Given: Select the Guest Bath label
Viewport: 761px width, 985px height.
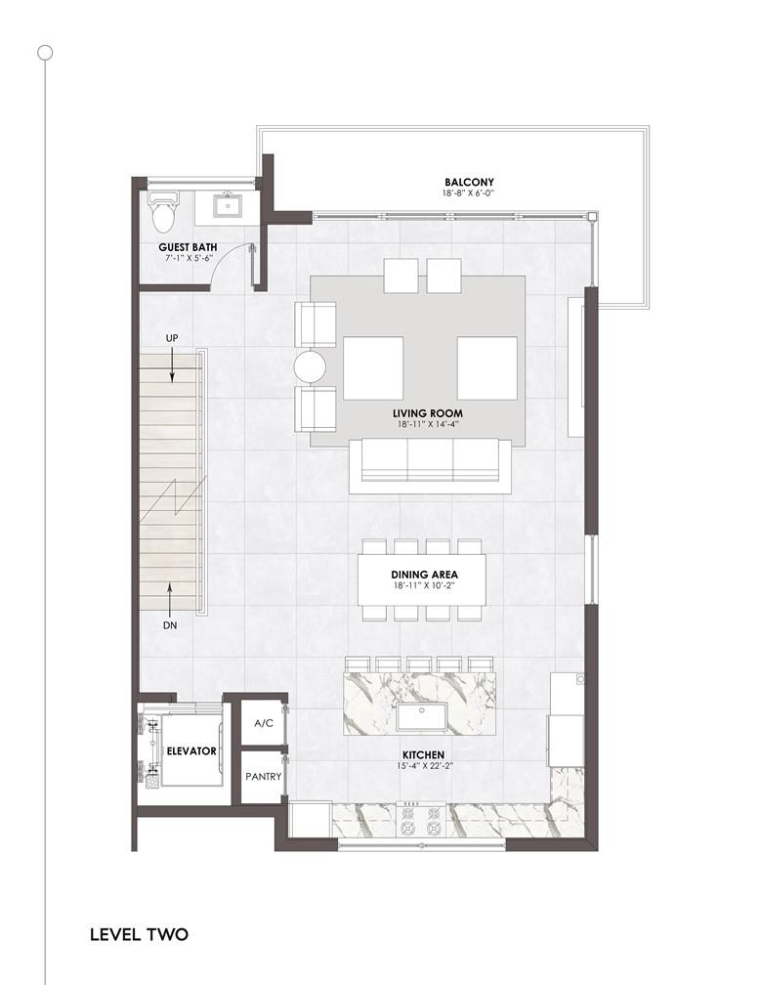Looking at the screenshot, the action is [x=188, y=247].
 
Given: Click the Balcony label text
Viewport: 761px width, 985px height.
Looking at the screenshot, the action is [x=469, y=182].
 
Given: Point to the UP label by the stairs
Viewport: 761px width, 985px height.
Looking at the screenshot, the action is [x=171, y=338].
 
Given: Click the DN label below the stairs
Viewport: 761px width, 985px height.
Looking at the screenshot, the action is [x=170, y=625].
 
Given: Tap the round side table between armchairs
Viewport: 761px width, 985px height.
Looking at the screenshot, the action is [x=310, y=366].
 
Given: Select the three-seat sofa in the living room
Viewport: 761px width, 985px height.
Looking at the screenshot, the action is [x=430, y=465].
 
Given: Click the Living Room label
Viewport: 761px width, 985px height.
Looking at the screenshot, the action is [x=428, y=413].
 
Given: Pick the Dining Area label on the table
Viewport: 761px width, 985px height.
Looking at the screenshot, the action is [x=424, y=575].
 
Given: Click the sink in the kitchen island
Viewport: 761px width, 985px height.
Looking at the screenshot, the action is [x=421, y=717].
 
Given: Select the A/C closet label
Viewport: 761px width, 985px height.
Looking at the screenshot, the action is [x=264, y=723].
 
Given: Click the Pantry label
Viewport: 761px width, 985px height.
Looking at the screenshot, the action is [x=264, y=777].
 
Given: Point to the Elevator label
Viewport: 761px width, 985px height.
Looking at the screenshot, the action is [x=191, y=750].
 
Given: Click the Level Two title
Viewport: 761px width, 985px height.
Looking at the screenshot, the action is [x=140, y=934].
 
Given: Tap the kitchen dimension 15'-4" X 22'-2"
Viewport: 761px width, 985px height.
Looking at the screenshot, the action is [x=424, y=766].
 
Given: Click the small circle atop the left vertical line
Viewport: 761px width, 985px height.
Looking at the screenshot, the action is [x=45, y=53].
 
